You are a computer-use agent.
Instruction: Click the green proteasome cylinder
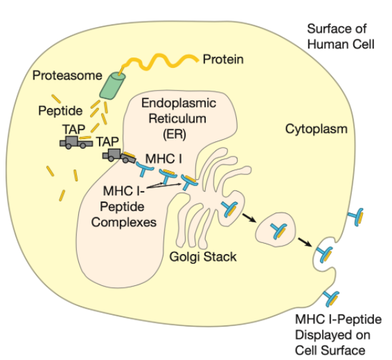click(x=112, y=86)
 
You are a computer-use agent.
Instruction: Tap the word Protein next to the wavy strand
click(x=223, y=60)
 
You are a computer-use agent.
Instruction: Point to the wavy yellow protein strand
click(x=159, y=62)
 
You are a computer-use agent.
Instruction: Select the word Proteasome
click(x=67, y=75)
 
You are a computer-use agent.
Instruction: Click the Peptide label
click(x=60, y=111)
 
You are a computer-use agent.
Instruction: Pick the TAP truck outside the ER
click(x=76, y=143)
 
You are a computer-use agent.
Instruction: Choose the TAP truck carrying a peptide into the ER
click(x=119, y=156)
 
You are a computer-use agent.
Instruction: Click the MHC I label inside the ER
click(x=163, y=159)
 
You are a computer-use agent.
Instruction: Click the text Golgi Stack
click(x=203, y=257)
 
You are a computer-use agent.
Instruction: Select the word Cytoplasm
click(x=317, y=129)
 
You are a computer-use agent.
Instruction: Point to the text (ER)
click(x=175, y=134)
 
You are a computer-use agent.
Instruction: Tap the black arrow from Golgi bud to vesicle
click(x=249, y=218)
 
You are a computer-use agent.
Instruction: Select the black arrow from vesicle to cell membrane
click(x=305, y=242)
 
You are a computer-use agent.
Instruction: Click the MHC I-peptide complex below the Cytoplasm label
click(x=356, y=217)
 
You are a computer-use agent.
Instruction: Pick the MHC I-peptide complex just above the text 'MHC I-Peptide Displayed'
click(x=331, y=298)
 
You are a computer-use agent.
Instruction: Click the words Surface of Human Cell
click(x=341, y=37)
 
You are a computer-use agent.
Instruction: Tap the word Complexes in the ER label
click(x=124, y=222)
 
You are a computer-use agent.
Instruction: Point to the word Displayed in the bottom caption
click(x=332, y=335)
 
